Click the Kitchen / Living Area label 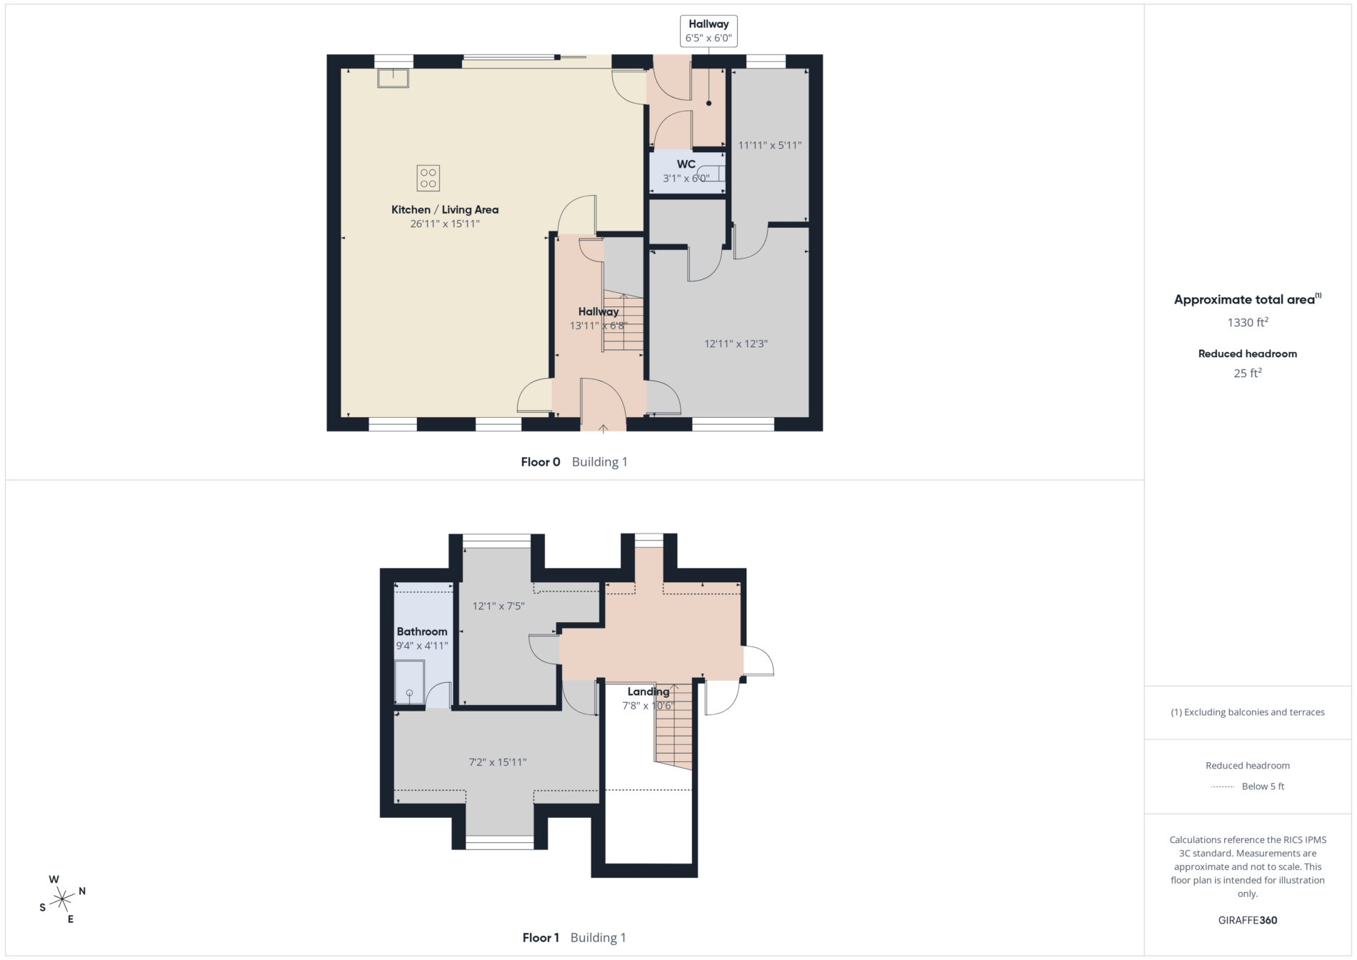click(x=445, y=209)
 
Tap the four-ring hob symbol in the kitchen click(x=429, y=178)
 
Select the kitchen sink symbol click(x=393, y=78)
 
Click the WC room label click(x=686, y=164)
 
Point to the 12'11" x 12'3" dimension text click(x=736, y=344)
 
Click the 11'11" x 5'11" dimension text click(x=770, y=145)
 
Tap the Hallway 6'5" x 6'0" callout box click(x=708, y=31)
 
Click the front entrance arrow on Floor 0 click(x=603, y=429)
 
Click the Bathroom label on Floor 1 click(x=422, y=631)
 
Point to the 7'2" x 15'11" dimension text click(x=498, y=762)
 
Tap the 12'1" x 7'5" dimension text click(x=499, y=606)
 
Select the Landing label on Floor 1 click(x=649, y=691)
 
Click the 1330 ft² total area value click(x=1248, y=322)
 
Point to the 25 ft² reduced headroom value click(x=1248, y=373)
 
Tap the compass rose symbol click(x=62, y=899)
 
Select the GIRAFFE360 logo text click(x=1248, y=920)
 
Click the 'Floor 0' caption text click(x=541, y=462)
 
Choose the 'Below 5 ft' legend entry click(x=1263, y=786)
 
